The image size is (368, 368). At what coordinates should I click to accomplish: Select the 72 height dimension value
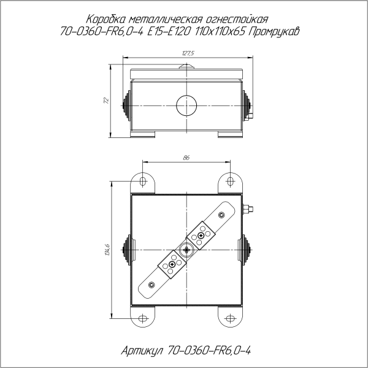point(105,99)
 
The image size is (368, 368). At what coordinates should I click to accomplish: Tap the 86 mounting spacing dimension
point(186,158)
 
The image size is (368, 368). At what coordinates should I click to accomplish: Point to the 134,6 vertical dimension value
point(108,250)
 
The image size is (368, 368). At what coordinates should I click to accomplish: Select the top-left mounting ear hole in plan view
point(143,182)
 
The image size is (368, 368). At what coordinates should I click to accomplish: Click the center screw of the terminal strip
point(186,250)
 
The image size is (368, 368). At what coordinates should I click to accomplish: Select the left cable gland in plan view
point(128,250)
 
